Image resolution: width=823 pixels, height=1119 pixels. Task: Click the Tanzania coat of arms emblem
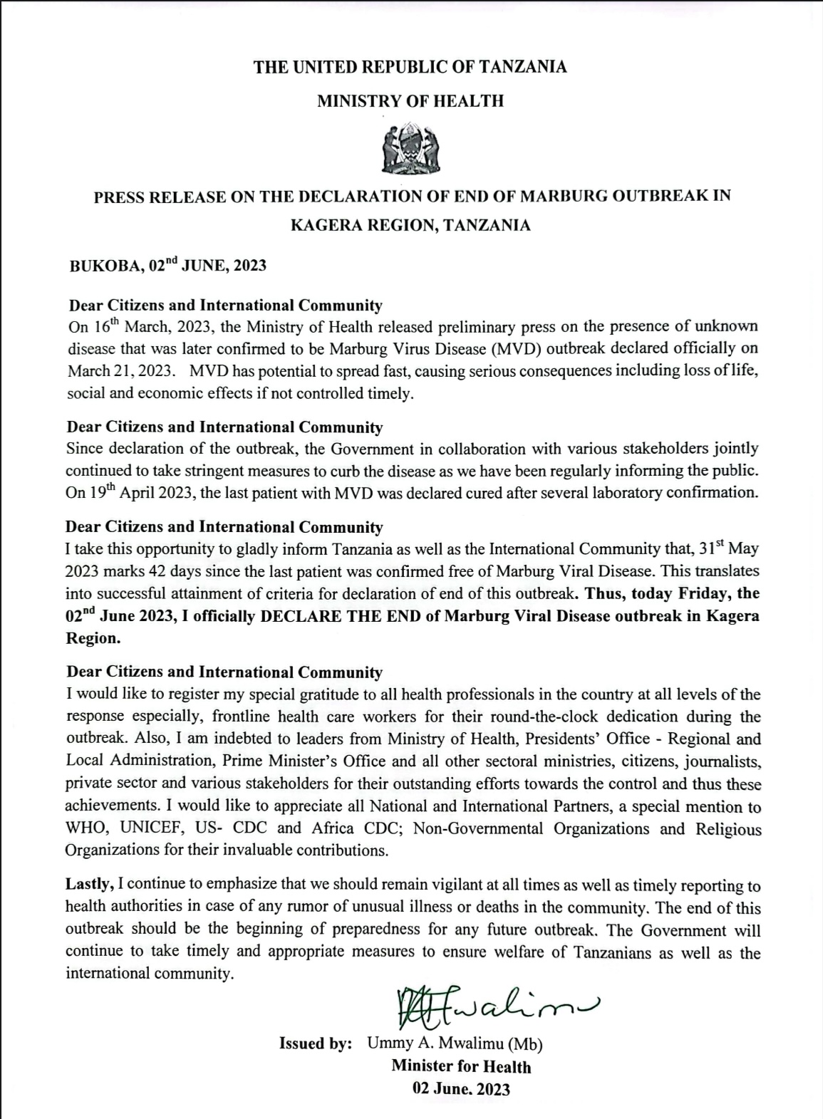point(411,149)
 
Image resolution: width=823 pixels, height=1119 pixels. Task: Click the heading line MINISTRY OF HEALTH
point(410,101)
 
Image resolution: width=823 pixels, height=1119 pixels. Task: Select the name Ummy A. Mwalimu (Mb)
point(455,1043)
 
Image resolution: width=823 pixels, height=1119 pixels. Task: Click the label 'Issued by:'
point(315,1043)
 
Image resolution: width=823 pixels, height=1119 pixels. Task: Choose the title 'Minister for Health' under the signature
point(461,1066)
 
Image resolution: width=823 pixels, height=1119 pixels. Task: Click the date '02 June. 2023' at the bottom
point(461,1088)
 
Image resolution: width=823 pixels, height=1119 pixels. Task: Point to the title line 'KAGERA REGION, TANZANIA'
point(410,225)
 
